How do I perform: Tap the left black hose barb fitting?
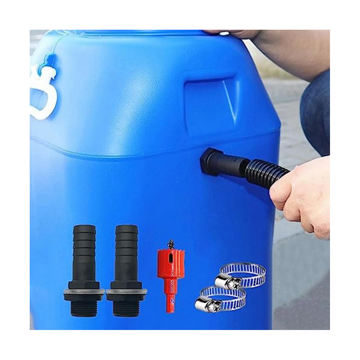(84, 270)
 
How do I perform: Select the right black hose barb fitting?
(126, 270)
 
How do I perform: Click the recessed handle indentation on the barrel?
(210, 102)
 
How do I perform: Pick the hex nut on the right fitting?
(126, 285)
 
